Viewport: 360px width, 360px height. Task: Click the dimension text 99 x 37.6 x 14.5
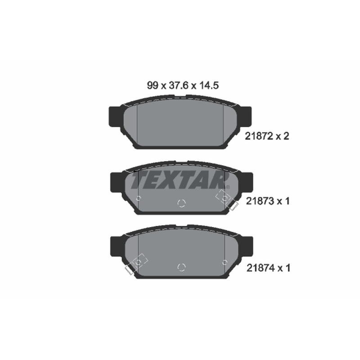[x=183, y=85]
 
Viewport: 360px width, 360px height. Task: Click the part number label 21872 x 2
[x=267, y=136]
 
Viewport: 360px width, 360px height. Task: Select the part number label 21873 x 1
[x=267, y=201]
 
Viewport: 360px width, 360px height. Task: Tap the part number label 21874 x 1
[x=268, y=268]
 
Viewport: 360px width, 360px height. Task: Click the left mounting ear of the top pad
[x=115, y=117]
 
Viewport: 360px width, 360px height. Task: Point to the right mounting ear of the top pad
[x=245, y=117]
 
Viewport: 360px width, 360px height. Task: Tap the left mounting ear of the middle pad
[x=117, y=182]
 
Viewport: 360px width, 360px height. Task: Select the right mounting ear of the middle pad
[x=247, y=182]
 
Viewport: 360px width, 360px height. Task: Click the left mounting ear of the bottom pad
[x=117, y=246]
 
